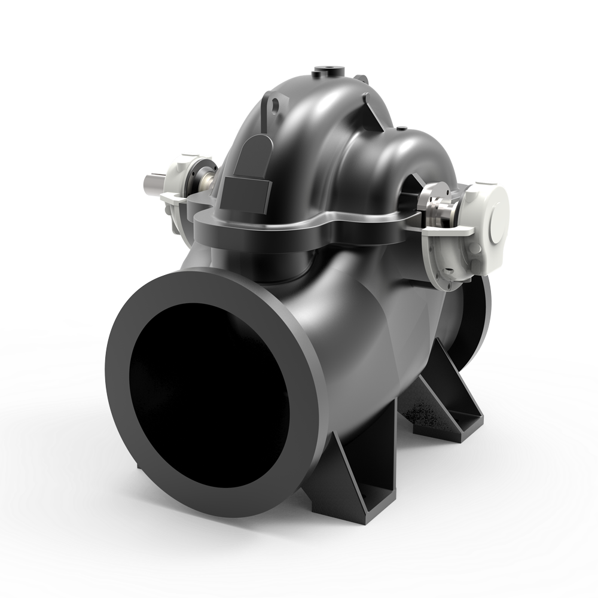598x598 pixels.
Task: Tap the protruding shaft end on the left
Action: point(154,181)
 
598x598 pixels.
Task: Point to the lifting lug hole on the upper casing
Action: point(275,106)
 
